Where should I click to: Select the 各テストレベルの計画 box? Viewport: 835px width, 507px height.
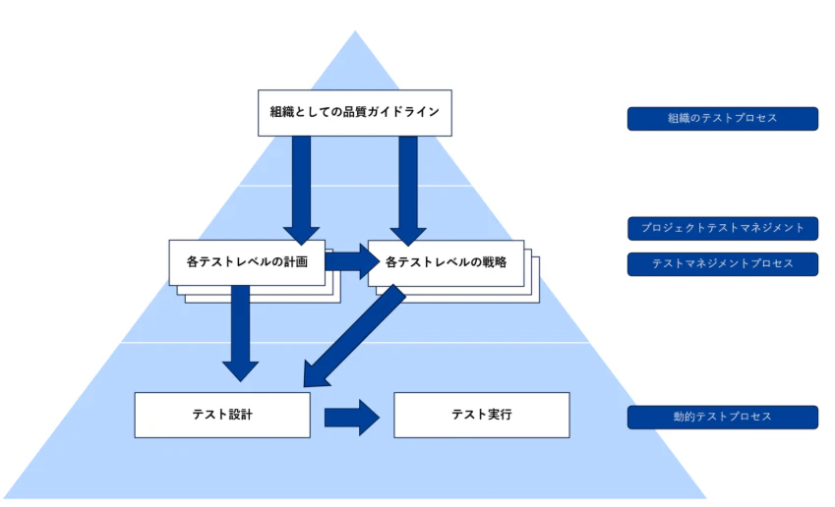click(247, 262)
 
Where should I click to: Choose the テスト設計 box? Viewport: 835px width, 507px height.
click(221, 415)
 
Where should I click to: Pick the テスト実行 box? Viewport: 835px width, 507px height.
click(481, 415)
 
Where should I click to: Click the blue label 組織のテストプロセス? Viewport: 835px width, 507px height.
click(722, 119)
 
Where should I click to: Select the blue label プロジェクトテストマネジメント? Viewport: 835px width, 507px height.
click(722, 228)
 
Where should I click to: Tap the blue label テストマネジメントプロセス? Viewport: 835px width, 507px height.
click(722, 264)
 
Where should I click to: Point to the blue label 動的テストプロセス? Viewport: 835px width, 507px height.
click(722, 418)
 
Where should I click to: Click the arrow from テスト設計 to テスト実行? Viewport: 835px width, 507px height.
click(351, 417)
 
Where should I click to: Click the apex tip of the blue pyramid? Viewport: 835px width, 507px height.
click(355, 33)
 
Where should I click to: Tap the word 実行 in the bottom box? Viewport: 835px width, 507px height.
click(500, 415)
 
